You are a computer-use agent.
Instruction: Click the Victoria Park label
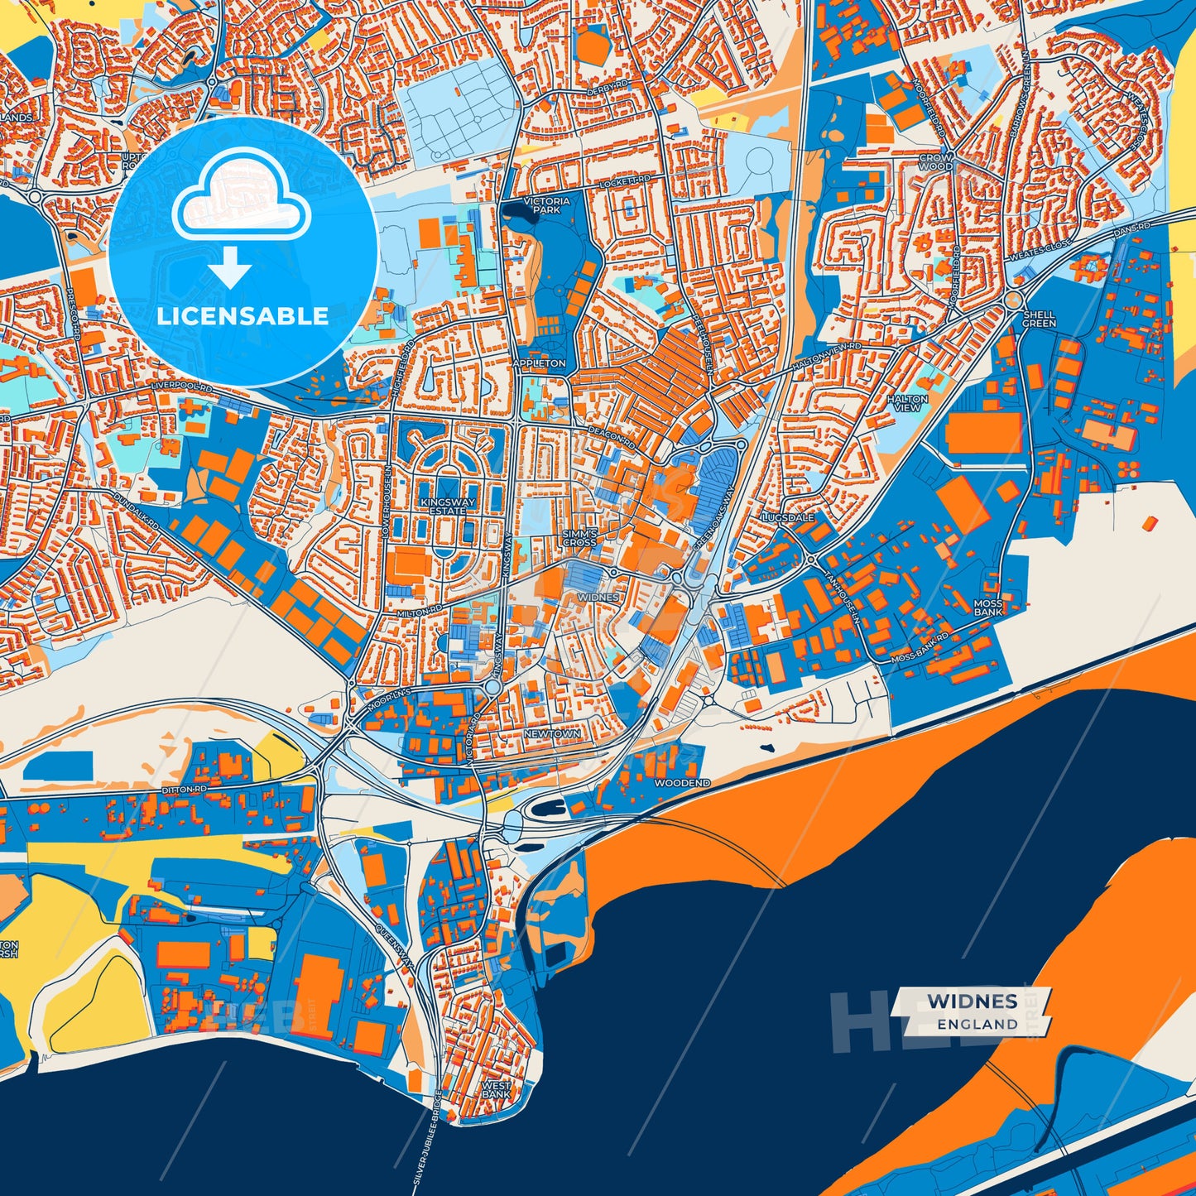[x=546, y=205]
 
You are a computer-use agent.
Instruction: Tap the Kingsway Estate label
[x=448, y=507]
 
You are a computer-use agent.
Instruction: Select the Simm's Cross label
[x=579, y=537]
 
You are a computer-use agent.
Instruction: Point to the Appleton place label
[x=539, y=363]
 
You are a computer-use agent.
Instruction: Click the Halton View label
[x=907, y=403]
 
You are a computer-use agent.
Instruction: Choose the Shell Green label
[x=1039, y=319]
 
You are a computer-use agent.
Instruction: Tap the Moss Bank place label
[x=988, y=608]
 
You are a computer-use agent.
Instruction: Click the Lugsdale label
[x=788, y=517]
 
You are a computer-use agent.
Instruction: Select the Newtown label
[x=552, y=734]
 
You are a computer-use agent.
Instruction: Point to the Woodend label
[x=682, y=782]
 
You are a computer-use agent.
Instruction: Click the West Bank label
[x=496, y=1089]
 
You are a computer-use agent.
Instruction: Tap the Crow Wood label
[x=936, y=161]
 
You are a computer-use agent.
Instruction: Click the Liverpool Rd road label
[x=182, y=387]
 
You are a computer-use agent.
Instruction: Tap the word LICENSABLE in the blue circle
[x=243, y=316]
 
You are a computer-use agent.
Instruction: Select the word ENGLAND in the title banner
[x=977, y=1024]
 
